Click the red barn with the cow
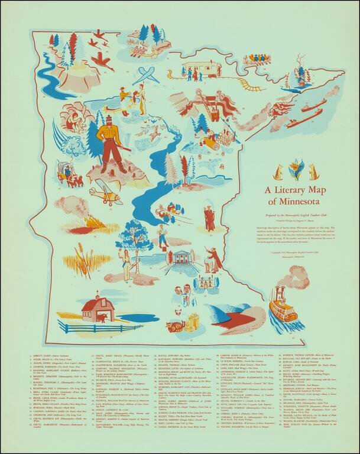point(96,309)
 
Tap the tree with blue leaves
point(135,234)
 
